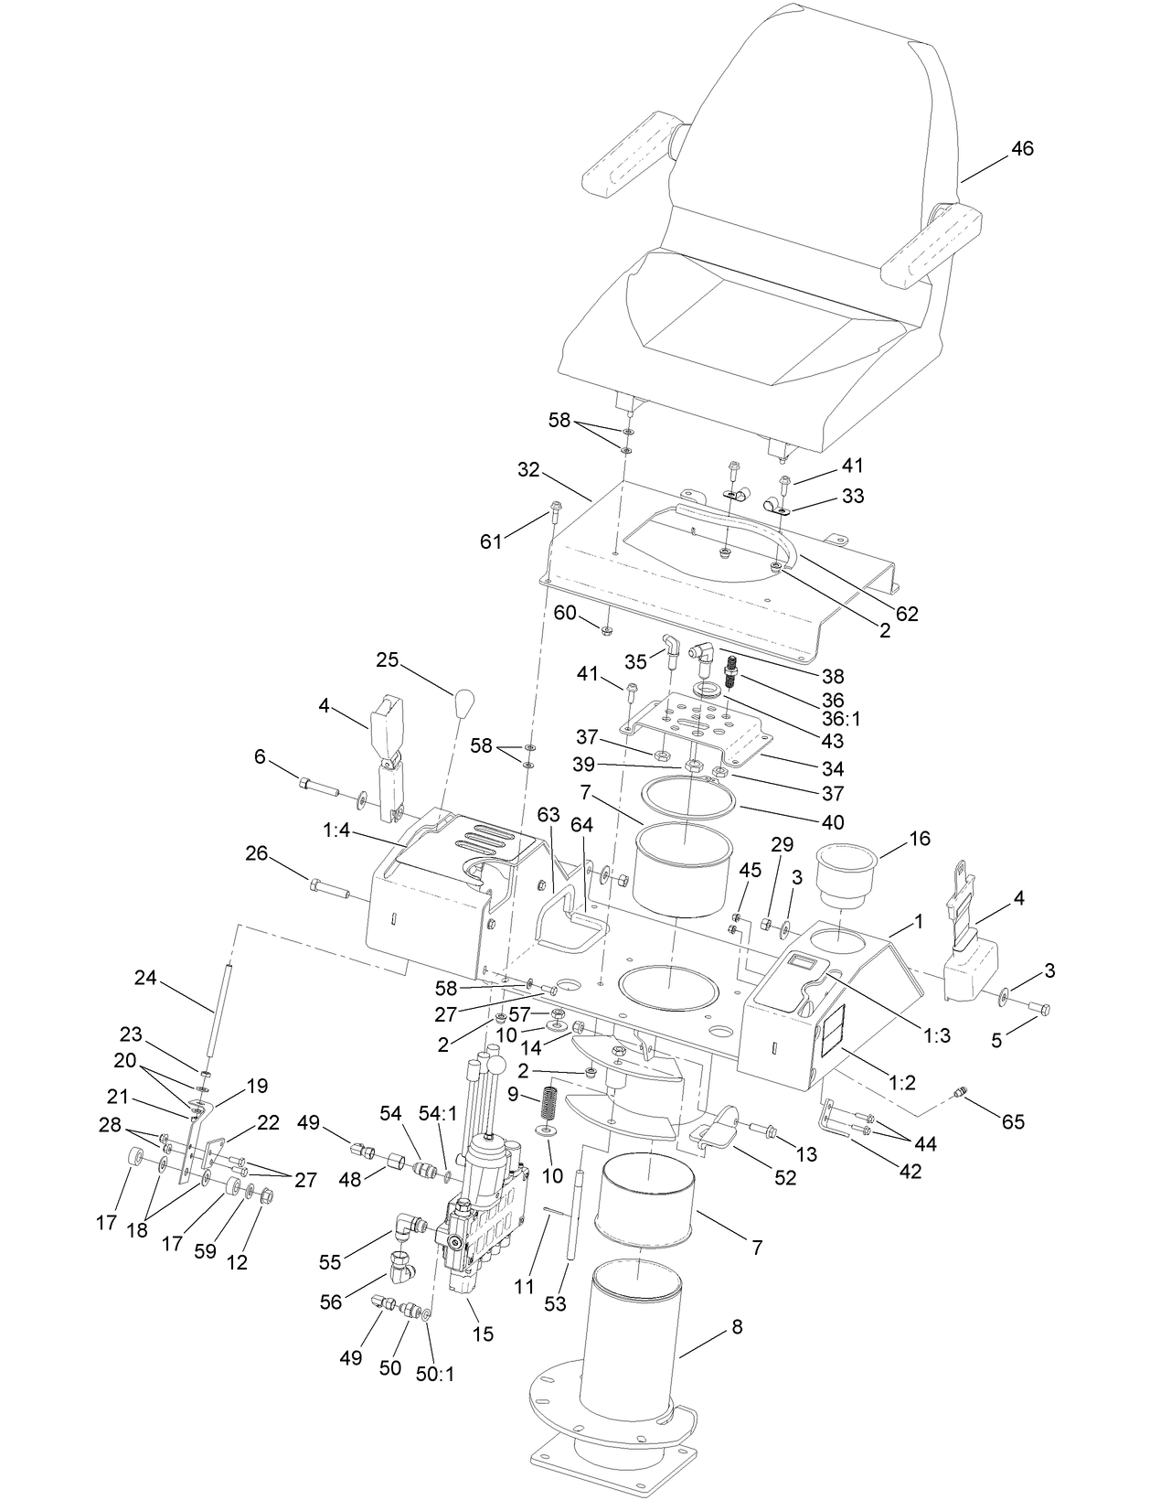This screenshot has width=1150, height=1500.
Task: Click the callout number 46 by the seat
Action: [x=1022, y=148]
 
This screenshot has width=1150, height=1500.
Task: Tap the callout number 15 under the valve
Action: [x=483, y=1334]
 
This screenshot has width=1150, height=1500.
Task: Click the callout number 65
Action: [x=1013, y=1121]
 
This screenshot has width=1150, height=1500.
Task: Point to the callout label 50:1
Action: [x=436, y=1374]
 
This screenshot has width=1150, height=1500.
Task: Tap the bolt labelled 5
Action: [x=1038, y=1009]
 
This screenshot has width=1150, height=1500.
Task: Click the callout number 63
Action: [x=548, y=815]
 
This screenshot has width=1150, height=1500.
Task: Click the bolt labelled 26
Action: [x=327, y=885]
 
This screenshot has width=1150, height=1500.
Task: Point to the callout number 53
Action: [x=555, y=1303]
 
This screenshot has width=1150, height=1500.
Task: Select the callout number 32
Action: [x=528, y=470]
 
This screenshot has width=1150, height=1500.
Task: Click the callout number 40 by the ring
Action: [x=833, y=821]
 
